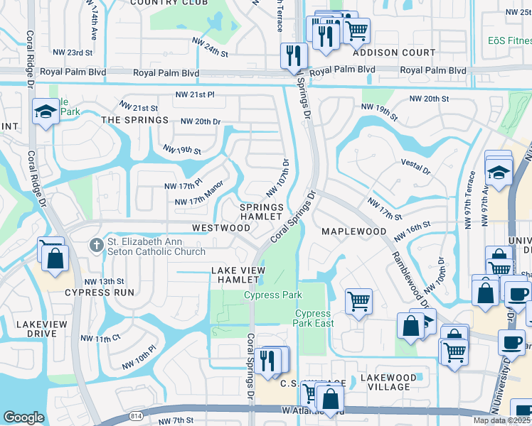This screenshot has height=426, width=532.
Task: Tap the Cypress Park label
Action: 273,295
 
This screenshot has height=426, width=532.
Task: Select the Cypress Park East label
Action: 313,318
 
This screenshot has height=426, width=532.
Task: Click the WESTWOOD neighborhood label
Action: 221,228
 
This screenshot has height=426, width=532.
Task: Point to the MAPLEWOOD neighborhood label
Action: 353,232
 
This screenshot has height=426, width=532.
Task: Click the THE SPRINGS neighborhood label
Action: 129,121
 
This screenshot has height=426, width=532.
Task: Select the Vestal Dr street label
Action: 417,171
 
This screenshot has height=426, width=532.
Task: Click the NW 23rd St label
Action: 73,53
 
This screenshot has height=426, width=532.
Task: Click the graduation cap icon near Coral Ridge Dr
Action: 46,111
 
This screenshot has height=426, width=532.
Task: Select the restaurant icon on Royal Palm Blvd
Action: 293,55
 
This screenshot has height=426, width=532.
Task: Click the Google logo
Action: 23,418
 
